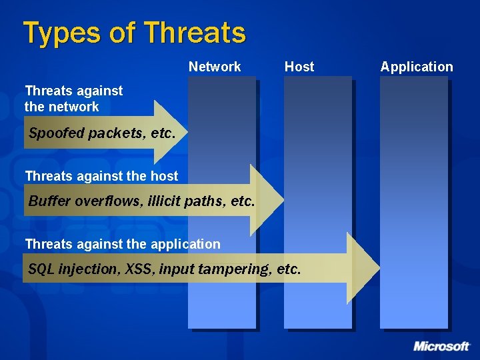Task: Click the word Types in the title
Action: pos(59,33)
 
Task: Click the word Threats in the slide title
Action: pos(195,32)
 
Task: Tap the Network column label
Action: pos(215,67)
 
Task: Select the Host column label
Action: pos(299,67)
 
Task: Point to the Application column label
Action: pos(417,67)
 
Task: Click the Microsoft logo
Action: pos(441,346)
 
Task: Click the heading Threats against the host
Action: pos(101,176)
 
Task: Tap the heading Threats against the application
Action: pos(123,244)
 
